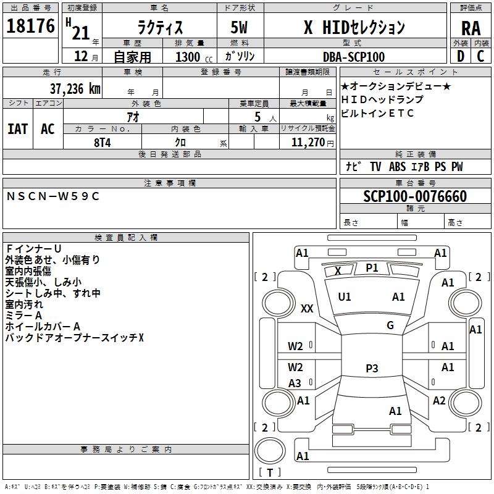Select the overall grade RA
pos(471,28)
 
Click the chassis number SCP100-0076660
pos(414,196)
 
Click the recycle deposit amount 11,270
pos(308,142)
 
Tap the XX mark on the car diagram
pos(307,309)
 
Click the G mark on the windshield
pos(390,325)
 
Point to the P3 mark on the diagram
pos(372,369)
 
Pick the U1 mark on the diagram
pos(345,297)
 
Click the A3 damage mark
pos(295,383)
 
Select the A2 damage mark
pos(439,401)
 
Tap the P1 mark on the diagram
pos(372,268)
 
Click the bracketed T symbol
pos(269,473)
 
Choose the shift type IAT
pos(17,129)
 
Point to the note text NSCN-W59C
pos(52,196)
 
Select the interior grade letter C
pos(480,57)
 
